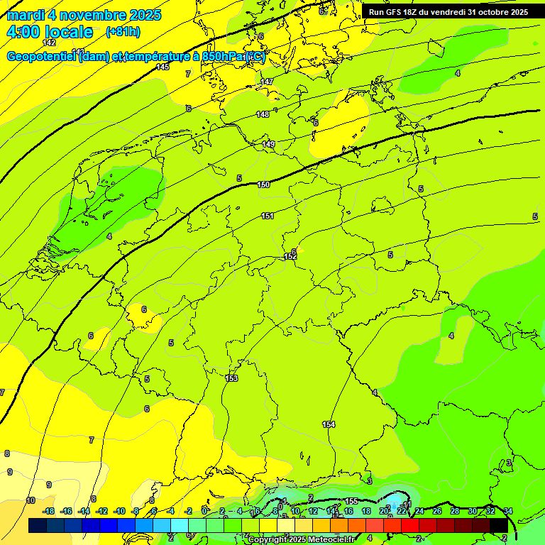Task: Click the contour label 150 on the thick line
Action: coord(264,185)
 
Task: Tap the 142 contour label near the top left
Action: coord(49,43)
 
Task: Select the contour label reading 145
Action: coord(163,67)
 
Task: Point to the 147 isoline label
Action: coord(267,82)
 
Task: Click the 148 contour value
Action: coord(263,114)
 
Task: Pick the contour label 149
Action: coord(268,144)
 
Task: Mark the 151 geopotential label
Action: coord(268,216)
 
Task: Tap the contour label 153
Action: coord(231,378)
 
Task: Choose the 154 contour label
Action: coord(329,424)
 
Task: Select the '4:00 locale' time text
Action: coord(50,32)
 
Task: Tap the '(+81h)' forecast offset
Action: coord(122,32)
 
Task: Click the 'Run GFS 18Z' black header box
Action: coord(448,11)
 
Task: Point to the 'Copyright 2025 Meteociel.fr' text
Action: coord(302,540)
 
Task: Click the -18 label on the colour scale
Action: coord(48,511)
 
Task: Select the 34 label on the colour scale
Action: coord(508,511)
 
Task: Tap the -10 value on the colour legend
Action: coord(119,511)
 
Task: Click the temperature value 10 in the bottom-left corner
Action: coord(30,500)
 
